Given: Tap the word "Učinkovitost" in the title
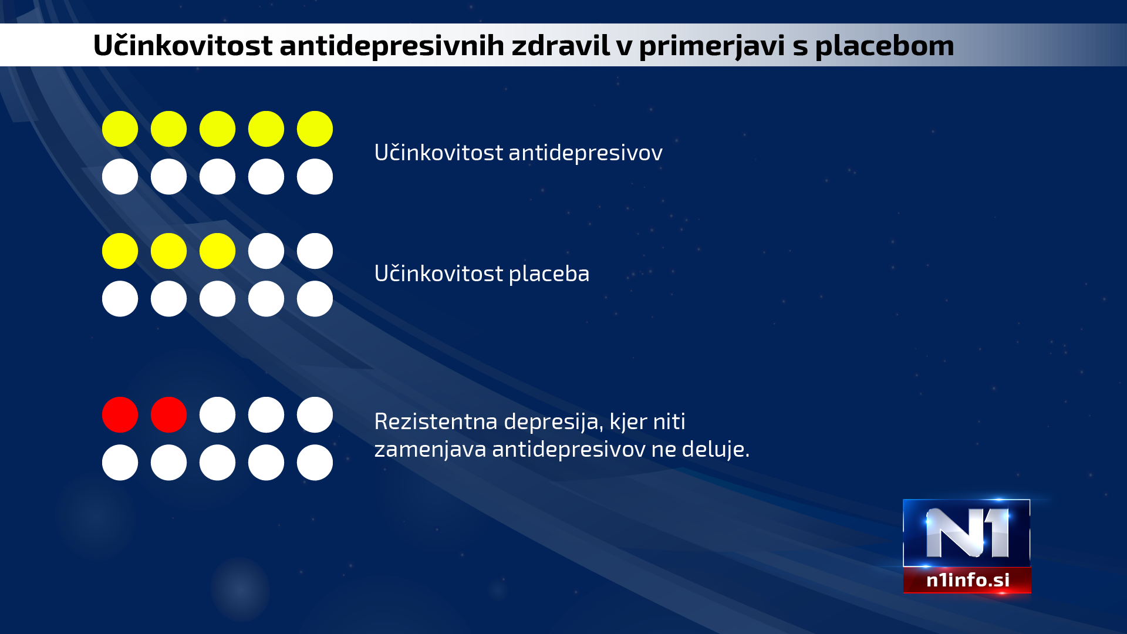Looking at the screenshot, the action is coord(183,45).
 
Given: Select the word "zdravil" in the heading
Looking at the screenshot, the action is coord(561,45).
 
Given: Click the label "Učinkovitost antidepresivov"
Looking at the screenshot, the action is coord(518,153).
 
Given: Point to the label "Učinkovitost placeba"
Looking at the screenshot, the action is coord(482,274).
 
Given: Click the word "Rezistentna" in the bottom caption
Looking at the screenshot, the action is coord(436,421).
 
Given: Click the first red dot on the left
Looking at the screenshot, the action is coord(120,414).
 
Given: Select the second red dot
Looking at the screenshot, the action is coord(168,414).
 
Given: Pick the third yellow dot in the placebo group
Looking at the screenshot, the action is coord(217,251).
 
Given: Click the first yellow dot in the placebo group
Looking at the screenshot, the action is coord(120,251).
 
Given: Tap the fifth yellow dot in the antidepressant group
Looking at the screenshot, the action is coord(315,129).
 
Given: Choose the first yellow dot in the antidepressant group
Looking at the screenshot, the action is coord(120,129).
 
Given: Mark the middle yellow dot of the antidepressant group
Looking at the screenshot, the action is coord(217,129).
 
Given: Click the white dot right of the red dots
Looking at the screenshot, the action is coord(217,414).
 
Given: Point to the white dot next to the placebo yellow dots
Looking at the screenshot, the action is coord(266,251).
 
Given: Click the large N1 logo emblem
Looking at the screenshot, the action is coord(967,533).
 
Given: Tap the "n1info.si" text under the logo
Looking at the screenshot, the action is coord(968,580).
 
